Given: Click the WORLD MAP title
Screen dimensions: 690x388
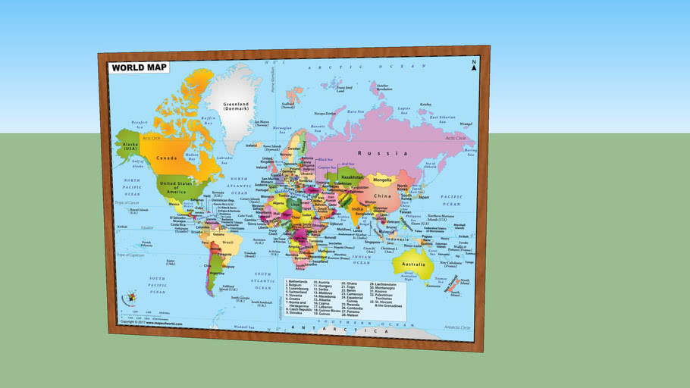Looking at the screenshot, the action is point(138,67).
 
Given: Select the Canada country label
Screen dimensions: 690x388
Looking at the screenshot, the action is point(167,158).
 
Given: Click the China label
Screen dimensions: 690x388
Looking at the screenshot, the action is point(382,198).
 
